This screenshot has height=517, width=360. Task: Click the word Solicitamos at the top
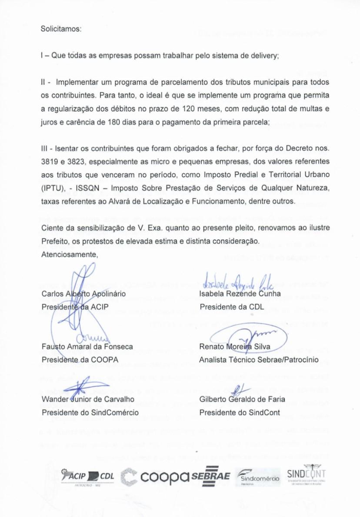(61, 29)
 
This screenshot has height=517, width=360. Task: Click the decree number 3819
(50, 160)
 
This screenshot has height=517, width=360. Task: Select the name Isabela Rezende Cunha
(240, 294)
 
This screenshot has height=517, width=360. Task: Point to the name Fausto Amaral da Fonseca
(87, 347)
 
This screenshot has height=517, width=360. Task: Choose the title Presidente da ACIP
(75, 307)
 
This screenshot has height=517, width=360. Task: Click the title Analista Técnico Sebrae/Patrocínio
(259, 360)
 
